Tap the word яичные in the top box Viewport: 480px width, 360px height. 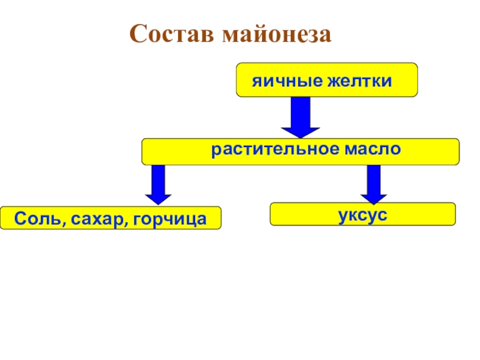[286, 80]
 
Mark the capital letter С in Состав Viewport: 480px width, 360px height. [139, 34]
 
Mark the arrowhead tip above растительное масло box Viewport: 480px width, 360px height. [301, 136]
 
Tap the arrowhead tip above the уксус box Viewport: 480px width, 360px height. [373, 203]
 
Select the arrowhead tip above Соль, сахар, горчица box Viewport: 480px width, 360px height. [158, 205]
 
